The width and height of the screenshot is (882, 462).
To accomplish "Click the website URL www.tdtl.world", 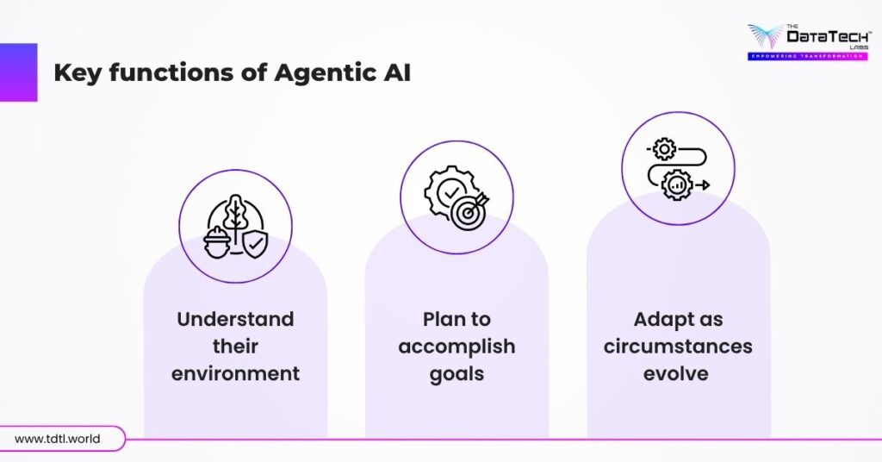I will tap(57, 439).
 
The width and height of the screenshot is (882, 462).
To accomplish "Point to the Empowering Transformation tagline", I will tap(806, 56).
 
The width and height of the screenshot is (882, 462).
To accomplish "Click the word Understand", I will tap(235, 319).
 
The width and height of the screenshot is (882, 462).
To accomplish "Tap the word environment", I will tap(235, 374).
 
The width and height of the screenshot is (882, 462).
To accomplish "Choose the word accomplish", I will tap(457, 346).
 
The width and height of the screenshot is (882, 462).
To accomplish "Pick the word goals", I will tap(457, 374).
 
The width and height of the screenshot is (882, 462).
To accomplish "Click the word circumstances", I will tap(678, 346).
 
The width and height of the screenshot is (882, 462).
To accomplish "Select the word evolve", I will tap(678, 374).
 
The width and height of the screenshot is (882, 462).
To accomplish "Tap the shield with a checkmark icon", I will tap(254, 244).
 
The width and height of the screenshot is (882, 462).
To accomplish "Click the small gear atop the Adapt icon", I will tap(663, 150).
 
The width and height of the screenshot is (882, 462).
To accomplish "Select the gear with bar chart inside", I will tap(677, 184).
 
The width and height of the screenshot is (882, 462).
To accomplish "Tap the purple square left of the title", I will tap(18, 72).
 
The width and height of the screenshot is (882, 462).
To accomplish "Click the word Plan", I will tap(443, 319).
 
